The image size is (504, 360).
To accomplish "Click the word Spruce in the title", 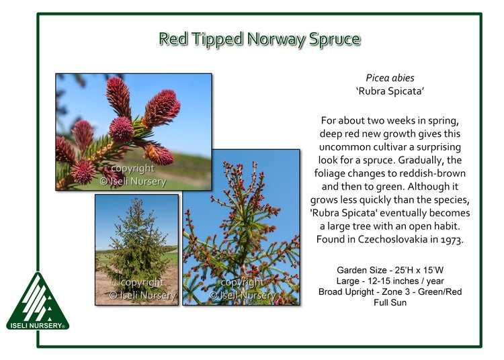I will coord(335,40).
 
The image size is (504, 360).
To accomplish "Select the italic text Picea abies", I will coord(390,79).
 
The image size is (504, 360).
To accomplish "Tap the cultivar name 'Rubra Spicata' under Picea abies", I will coord(390,91).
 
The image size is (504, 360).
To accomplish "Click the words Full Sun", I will coord(390,303).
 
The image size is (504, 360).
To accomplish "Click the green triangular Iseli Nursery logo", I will coord(38,299).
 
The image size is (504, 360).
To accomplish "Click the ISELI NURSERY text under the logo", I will coord(36,326).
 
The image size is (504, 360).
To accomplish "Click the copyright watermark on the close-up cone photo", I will coord(133,175).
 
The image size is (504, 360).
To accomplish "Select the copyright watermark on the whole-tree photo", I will coord(142,289).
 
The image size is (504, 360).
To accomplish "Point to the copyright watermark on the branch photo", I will coord(242,289).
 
